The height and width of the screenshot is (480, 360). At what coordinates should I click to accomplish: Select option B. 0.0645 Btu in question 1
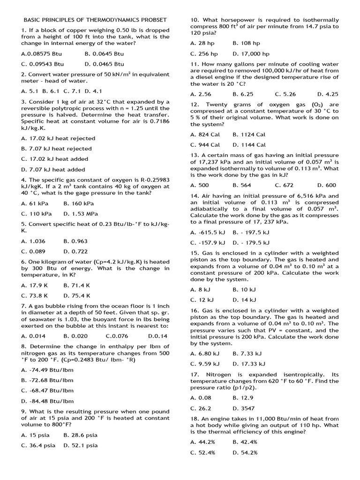[x=104, y=53]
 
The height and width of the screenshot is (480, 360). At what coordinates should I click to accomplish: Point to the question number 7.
[x=23, y=306]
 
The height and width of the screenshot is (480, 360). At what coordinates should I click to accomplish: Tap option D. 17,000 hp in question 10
[x=251, y=53]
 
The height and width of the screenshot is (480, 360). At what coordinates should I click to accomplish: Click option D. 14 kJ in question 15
[x=244, y=300]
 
